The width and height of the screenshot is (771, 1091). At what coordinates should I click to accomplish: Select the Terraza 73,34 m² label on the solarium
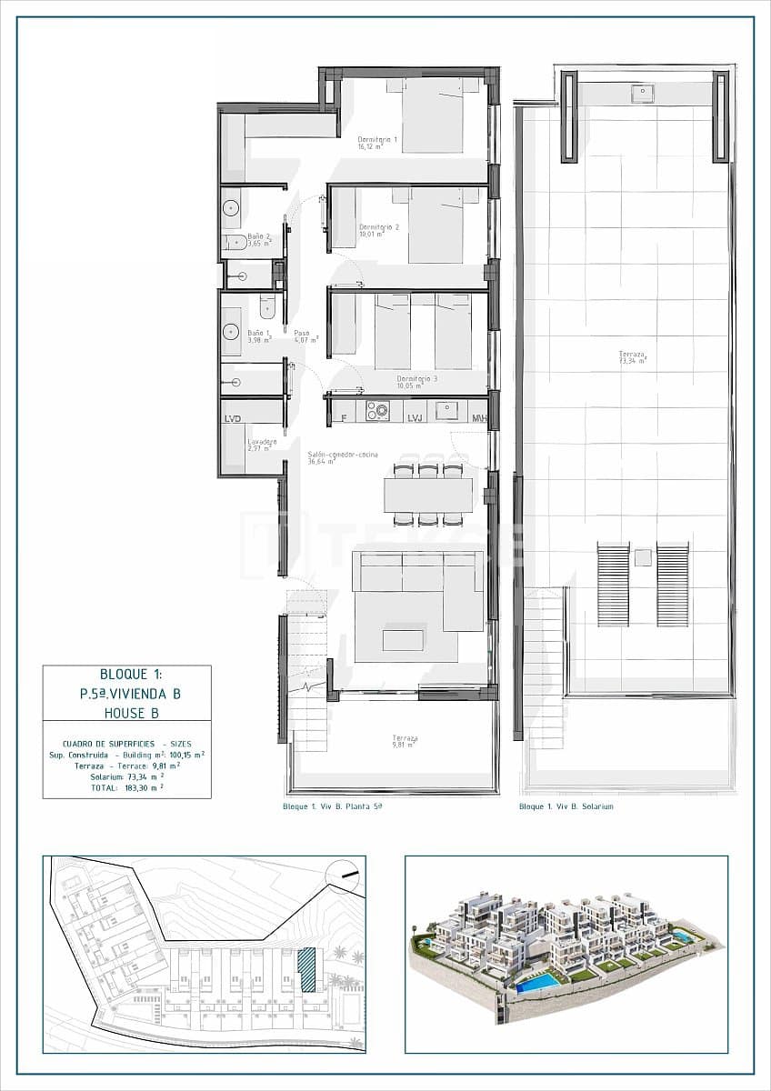(x=632, y=357)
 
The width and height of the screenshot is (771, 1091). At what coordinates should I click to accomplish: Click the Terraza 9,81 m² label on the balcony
(x=405, y=741)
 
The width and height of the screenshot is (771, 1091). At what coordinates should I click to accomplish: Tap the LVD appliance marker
(x=233, y=418)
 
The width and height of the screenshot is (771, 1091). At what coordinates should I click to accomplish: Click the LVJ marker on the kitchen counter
(x=416, y=418)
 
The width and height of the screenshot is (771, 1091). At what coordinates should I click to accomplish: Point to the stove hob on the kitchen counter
(x=377, y=412)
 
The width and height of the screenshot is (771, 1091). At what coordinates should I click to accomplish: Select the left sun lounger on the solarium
(x=613, y=584)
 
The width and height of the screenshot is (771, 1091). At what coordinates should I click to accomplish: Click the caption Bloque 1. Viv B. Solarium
(x=566, y=806)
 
